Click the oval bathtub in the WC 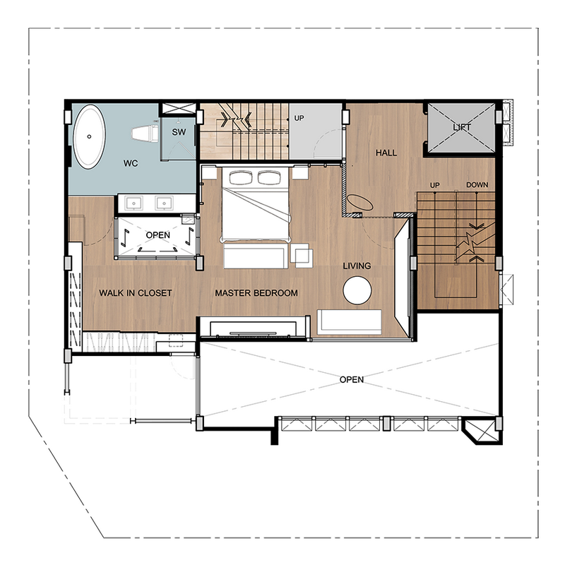90,137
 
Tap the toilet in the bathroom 145,133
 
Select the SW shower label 179,132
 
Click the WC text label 131,163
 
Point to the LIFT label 462,127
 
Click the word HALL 386,153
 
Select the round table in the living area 357,290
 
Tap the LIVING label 357,266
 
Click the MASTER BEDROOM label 256,293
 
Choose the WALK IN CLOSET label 136,293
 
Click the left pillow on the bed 242,177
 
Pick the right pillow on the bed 269,177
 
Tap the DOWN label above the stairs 477,185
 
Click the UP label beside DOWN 434,185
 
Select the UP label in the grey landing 299,118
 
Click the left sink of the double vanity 133,203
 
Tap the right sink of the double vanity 165,203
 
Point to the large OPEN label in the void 352,379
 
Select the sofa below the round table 349,322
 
